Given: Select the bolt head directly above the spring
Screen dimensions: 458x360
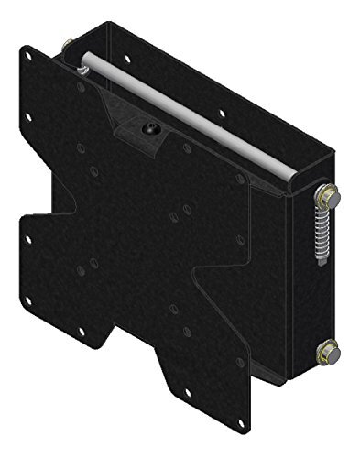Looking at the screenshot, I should click(324, 194).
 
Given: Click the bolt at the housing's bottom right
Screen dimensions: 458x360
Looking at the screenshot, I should click(327, 351).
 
